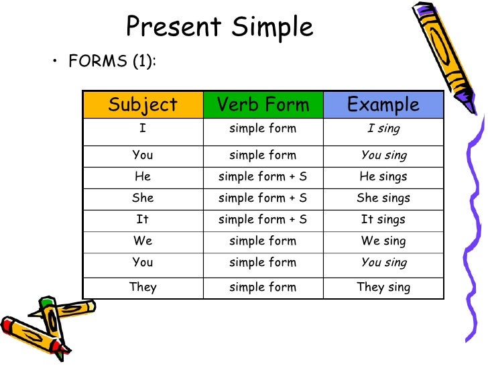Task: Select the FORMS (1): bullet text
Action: (112, 61)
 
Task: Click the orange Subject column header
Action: (143, 105)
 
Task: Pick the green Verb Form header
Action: (263, 105)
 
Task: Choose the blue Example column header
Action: (383, 105)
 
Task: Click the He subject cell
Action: (143, 177)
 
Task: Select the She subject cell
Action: (143, 198)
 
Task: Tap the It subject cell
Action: (143, 220)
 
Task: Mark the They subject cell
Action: (143, 287)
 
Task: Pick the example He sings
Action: (383, 177)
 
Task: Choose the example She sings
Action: (383, 198)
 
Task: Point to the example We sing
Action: (383, 241)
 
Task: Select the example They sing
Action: (383, 287)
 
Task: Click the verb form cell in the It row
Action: (263, 220)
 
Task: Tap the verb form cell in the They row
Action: (263, 287)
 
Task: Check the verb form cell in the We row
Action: (263, 241)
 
